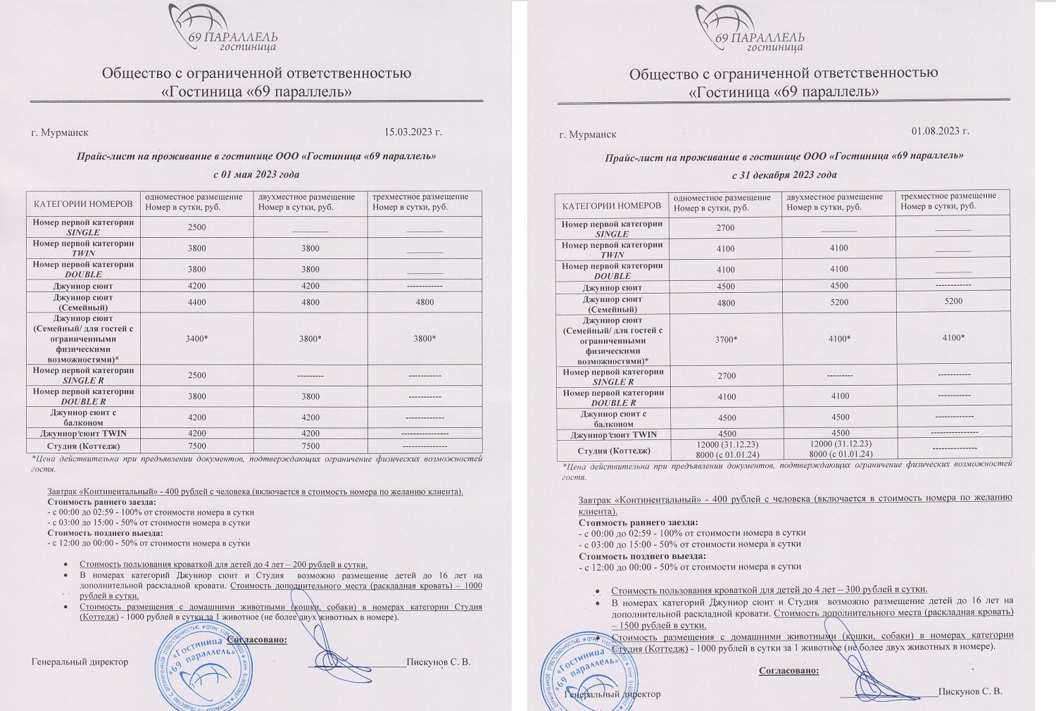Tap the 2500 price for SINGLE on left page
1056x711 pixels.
coord(197,227)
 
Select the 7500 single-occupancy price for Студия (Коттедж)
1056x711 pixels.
coord(197,446)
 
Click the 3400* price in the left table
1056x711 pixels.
coord(196,339)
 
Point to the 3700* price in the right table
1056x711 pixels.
coord(726,340)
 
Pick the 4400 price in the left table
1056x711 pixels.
coord(197,303)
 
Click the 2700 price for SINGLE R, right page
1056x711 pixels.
coord(727,376)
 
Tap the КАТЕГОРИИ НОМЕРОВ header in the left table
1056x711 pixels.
coord(83,204)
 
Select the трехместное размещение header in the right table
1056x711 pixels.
coord(948,196)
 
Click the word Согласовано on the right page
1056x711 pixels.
coord(788,671)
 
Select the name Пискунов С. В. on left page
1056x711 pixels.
coord(438,662)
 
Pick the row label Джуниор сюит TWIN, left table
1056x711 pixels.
coord(84,434)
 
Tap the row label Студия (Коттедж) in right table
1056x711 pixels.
coord(613,451)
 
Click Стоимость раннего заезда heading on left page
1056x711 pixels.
coord(101,502)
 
